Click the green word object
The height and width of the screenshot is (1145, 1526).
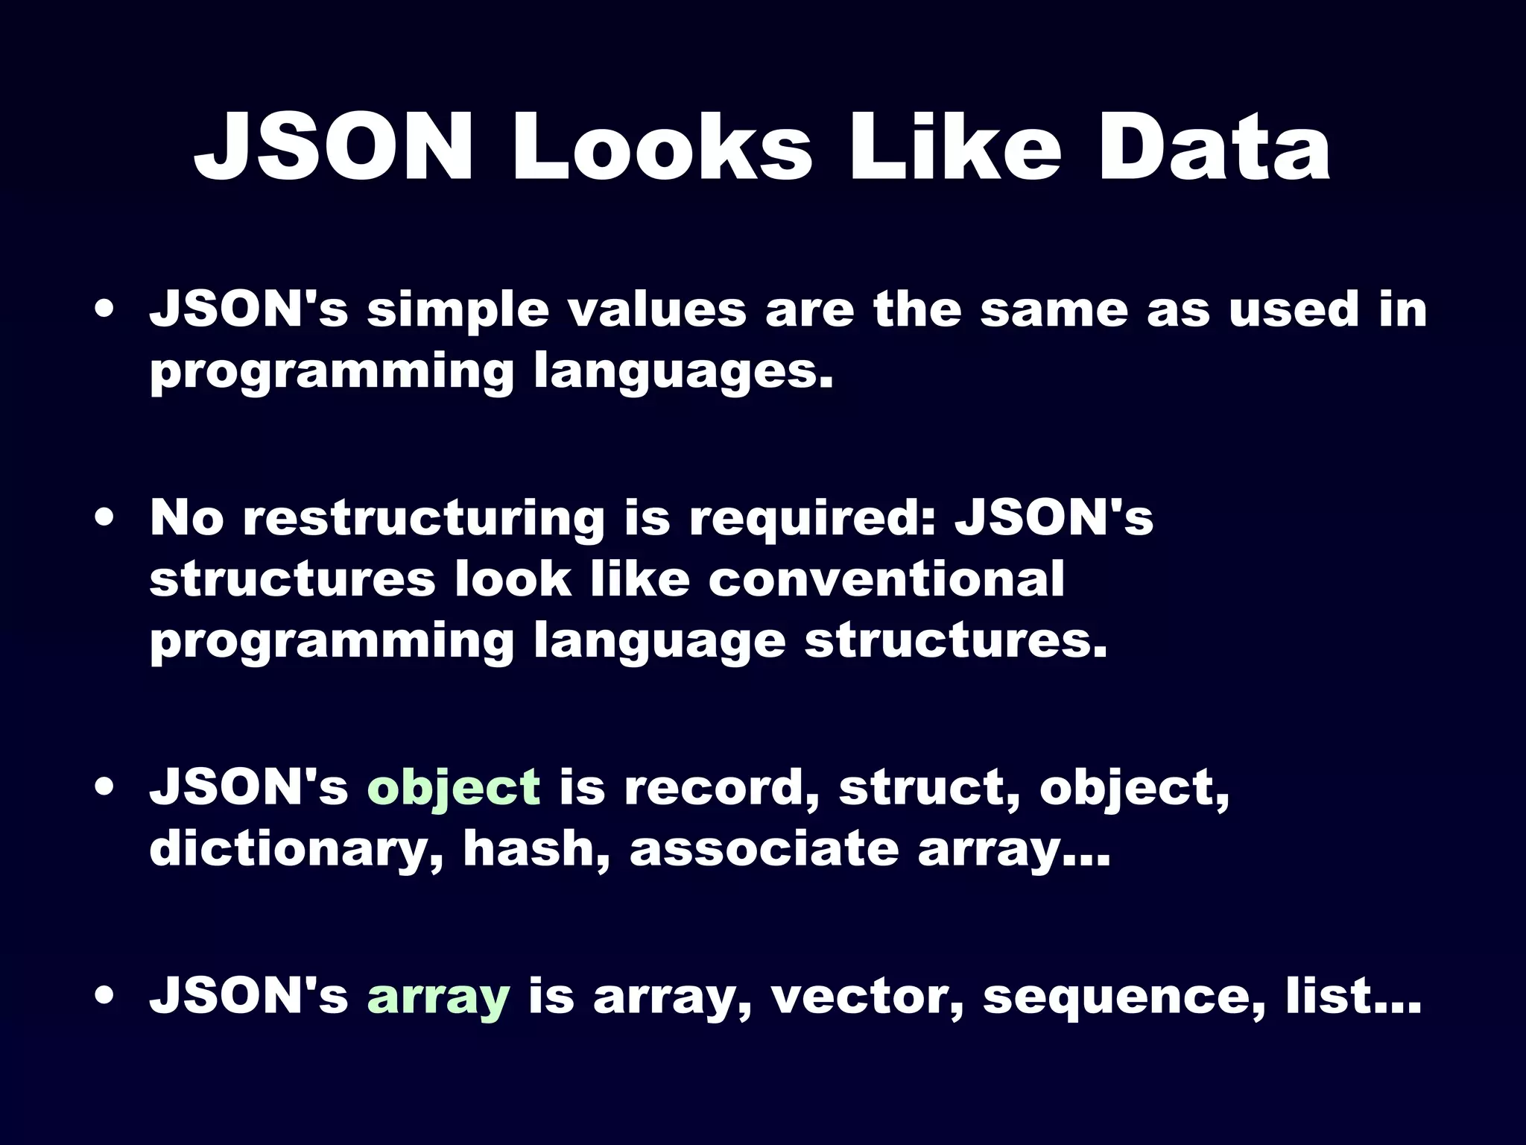click(454, 789)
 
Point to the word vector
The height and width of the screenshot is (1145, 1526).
click(867, 997)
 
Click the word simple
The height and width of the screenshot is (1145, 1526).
click(458, 311)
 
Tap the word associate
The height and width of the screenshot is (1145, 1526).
click(764, 849)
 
